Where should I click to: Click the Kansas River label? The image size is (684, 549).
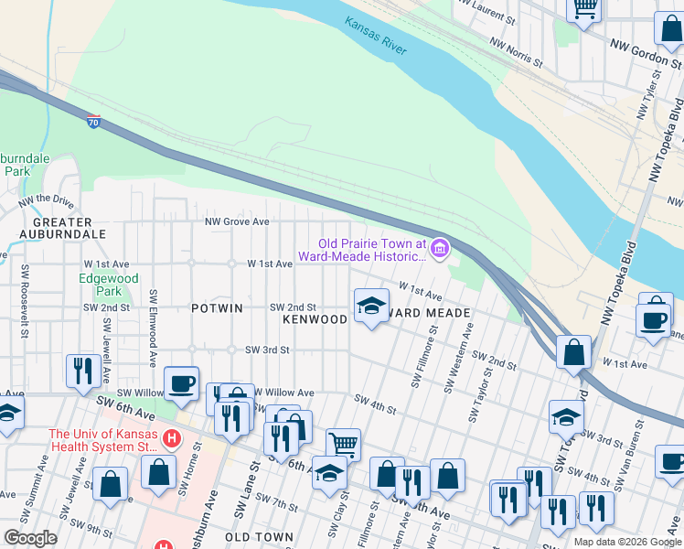pos(375,36)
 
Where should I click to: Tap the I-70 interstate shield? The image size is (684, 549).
pos(94,122)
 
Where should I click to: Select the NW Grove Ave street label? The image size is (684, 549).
pos(237,221)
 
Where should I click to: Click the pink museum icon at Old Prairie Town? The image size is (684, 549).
pos(440,248)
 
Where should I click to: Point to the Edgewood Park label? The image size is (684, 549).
pos(108,285)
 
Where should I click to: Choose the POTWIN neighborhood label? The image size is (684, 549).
pos(217,308)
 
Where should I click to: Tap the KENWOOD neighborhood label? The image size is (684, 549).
pos(315,319)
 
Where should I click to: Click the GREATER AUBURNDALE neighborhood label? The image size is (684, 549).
pos(62,228)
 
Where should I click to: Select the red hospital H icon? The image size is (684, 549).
pos(169,440)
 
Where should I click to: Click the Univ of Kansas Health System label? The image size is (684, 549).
pos(103,440)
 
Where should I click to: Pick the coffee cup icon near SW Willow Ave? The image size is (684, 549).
pos(181,382)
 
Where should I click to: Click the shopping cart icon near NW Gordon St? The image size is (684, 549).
pos(583,8)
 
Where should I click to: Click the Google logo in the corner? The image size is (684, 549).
pos(30,538)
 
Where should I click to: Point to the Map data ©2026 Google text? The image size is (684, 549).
pos(626,542)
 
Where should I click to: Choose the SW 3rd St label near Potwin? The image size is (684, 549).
pos(267,350)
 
